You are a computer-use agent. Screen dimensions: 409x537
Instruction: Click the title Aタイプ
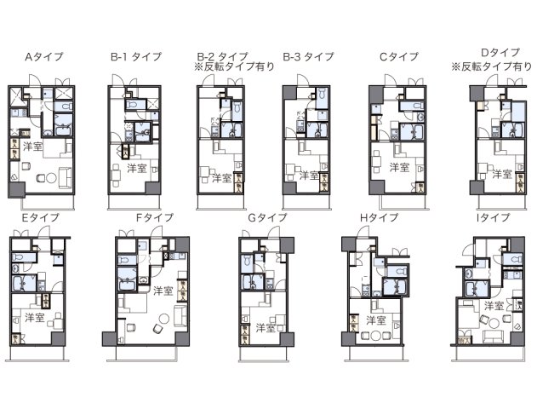point(43,58)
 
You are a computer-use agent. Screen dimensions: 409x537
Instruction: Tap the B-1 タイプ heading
point(136,58)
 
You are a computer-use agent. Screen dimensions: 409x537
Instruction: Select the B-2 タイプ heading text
point(222,55)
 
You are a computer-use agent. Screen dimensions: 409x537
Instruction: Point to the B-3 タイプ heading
point(309,58)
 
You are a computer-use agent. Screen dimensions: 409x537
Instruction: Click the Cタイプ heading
point(399,58)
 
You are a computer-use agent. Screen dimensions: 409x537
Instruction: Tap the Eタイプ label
point(39,218)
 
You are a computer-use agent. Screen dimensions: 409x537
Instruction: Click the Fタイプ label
point(155,218)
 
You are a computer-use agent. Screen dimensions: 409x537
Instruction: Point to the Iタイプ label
point(493,218)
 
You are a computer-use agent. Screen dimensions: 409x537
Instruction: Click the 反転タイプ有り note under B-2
point(229,66)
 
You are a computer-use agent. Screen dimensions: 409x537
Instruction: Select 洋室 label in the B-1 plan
point(136,168)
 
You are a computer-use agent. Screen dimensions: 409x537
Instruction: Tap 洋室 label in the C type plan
point(398,164)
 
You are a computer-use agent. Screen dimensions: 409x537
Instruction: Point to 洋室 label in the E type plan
point(35,317)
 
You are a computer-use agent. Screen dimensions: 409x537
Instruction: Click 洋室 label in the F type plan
point(163,291)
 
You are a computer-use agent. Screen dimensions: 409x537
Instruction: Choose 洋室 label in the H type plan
point(376,320)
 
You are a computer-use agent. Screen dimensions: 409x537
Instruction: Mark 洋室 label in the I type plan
point(494,305)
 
